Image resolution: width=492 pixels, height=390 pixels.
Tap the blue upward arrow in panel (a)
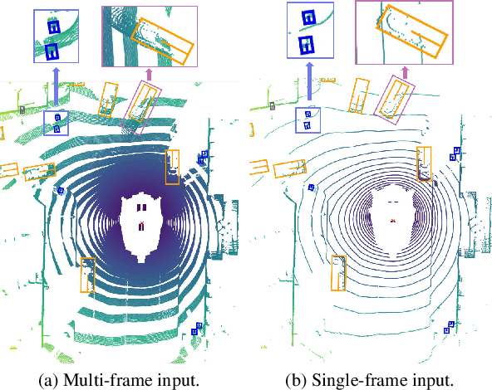tap(57, 86)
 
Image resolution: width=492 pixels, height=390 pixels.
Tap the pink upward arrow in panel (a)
tap(149, 74)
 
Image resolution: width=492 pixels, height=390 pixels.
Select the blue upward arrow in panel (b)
tap(310, 80)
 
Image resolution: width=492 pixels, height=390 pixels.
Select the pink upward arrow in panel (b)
tap(405, 72)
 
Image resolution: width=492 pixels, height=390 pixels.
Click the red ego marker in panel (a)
tap(142, 223)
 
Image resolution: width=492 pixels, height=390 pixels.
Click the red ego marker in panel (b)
tap(393, 221)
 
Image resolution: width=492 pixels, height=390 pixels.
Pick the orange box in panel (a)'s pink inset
tap(163, 41)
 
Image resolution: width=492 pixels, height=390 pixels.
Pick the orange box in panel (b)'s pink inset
tap(411, 31)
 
